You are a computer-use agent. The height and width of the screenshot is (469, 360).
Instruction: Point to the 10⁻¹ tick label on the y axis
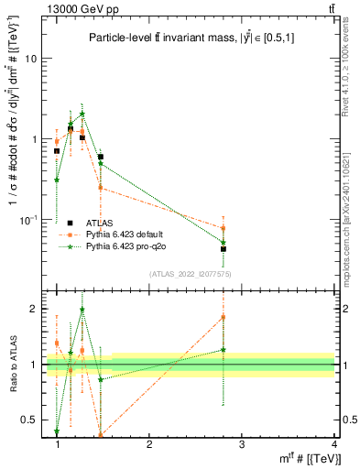click(x=30, y=220)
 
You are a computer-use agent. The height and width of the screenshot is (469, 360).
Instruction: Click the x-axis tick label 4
click(x=334, y=444)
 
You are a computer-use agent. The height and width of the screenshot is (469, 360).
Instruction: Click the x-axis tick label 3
click(x=242, y=444)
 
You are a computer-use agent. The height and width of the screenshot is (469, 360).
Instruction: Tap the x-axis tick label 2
click(x=149, y=444)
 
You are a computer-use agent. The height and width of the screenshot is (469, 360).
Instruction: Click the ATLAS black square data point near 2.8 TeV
click(x=224, y=248)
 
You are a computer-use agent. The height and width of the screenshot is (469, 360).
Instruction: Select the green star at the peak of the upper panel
click(x=82, y=115)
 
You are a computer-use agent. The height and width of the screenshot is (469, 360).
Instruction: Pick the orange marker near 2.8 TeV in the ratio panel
click(x=224, y=317)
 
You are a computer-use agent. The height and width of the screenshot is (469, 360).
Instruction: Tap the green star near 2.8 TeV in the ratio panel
click(x=224, y=350)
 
